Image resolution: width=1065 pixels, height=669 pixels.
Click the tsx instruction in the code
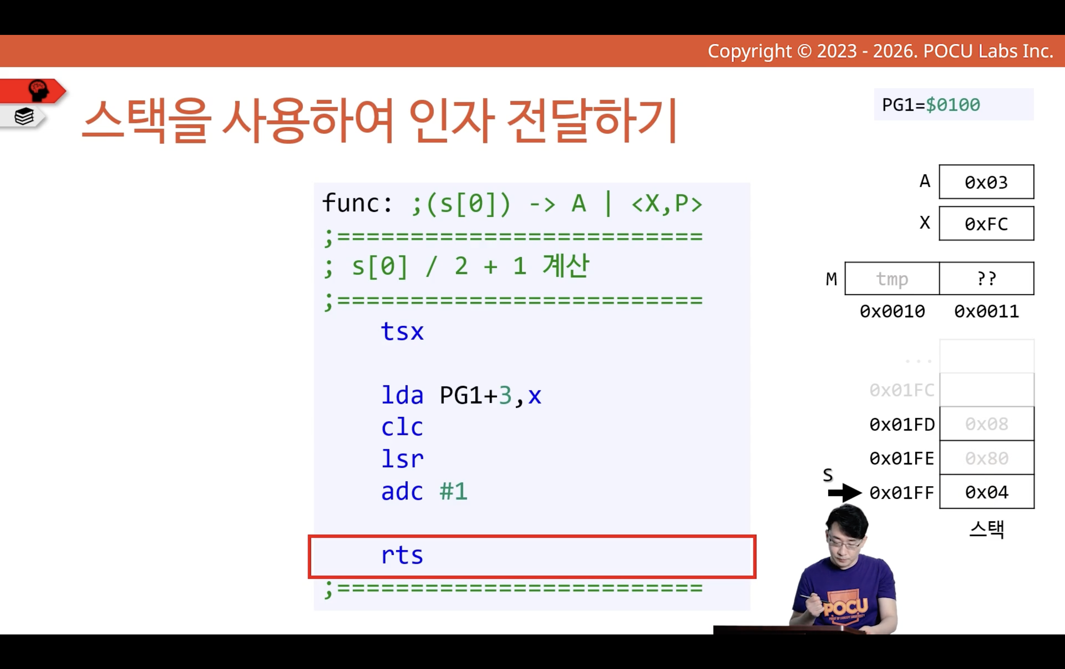pyautogui.click(x=402, y=331)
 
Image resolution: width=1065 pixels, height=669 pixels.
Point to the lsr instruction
pyautogui.click(x=402, y=459)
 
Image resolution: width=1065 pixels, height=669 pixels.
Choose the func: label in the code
pyautogui.click(x=357, y=203)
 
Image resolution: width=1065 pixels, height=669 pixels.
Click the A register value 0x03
pyautogui.click(x=986, y=182)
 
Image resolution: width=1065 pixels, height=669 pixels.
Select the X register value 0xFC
pyautogui.click(x=986, y=223)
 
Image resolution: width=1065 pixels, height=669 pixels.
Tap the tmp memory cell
pyautogui.click(x=892, y=278)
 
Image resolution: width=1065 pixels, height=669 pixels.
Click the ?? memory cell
pyautogui.click(x=987, y=278)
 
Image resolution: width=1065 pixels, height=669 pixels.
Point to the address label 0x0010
pyautogui.click(x=892, y=312)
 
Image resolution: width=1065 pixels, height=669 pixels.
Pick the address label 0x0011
pyautogui.click(x=987, y=312)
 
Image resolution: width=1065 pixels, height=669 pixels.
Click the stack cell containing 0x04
pyautogui.click(x=987, y=492)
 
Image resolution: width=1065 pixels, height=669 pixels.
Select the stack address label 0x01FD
pyautogui.click(x=902, y=424)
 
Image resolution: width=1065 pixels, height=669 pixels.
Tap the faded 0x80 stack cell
pyautogui.click(x=987, y=458)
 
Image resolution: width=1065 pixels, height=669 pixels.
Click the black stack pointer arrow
pyautogui.click(x=845, y=492)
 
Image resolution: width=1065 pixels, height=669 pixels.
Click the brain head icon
pyautogui.click(x=38, y=90)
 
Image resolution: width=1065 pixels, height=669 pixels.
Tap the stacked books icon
pyautogui.click(x=24, y=117)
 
